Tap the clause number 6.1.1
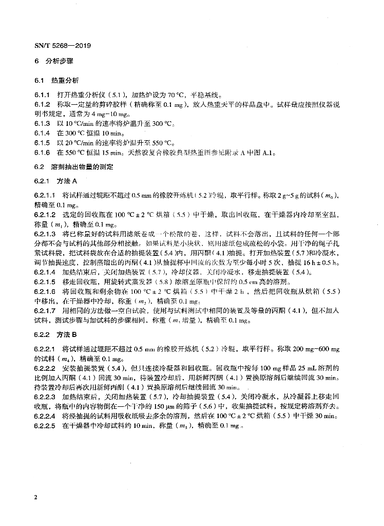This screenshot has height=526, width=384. (42, 95)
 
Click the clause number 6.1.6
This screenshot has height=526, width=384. (42, 153)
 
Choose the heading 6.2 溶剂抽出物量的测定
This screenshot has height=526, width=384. (74, 167)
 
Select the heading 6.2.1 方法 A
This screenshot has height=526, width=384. (55, 181)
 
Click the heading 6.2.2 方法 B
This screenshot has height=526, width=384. (55, 334)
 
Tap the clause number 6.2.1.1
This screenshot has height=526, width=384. (45, 196)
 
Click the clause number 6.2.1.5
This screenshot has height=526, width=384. (45, 282)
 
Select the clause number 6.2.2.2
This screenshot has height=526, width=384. (45, 368)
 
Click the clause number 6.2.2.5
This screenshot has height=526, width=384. (45, 426)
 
